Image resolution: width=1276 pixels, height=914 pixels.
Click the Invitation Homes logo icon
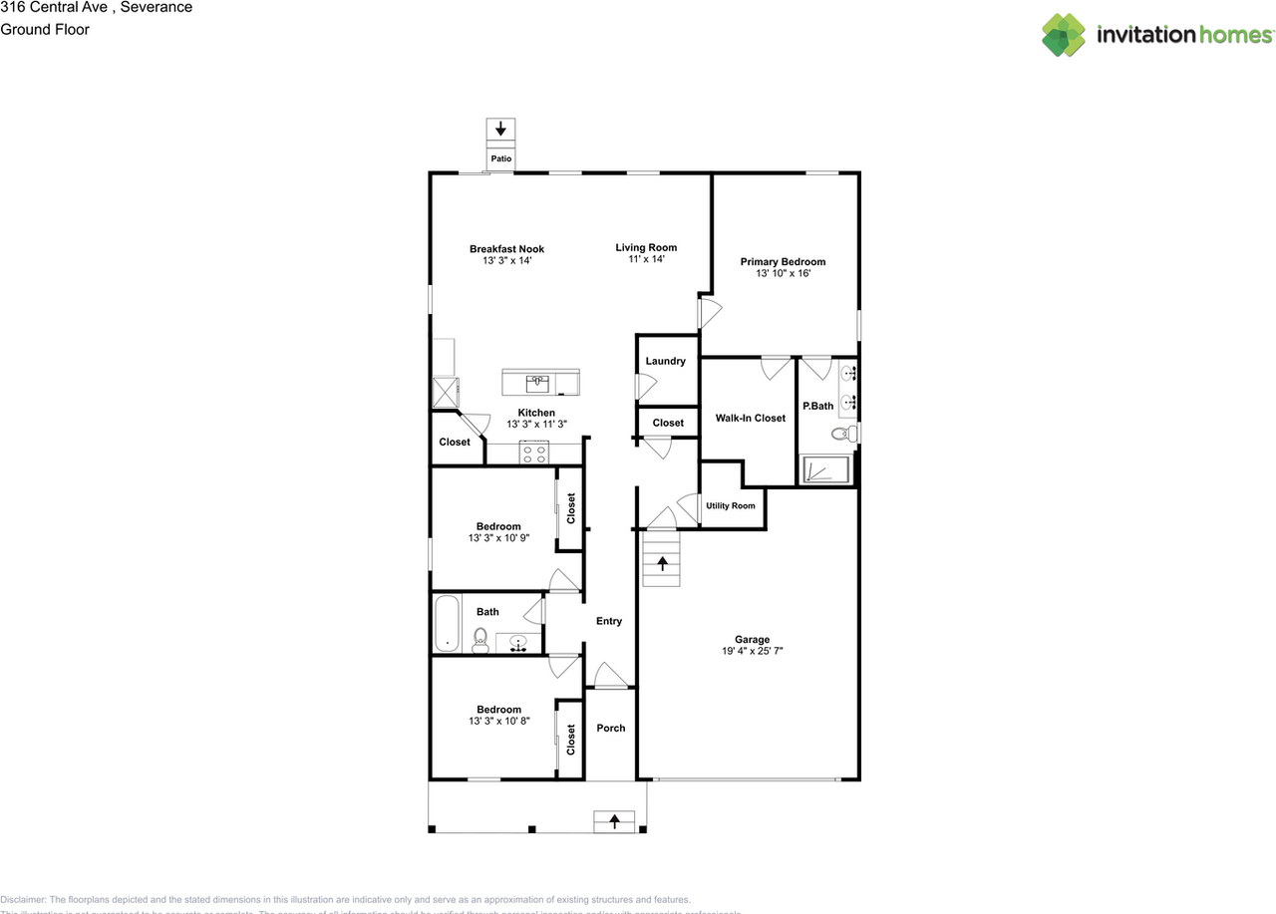click(1064, 35)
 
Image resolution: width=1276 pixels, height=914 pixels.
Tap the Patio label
click(500, 158)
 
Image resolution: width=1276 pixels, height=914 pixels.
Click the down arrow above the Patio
click(500, 130)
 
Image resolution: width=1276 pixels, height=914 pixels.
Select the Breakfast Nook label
click(506, 249)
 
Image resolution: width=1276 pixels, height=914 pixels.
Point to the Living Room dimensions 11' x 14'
click(646, 259)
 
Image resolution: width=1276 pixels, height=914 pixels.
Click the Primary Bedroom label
click(783, 262)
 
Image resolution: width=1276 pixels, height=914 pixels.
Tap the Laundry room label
click(665, 361)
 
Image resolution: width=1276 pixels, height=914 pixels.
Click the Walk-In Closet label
click(750, 418)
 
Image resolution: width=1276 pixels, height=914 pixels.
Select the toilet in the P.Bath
click(840, 434)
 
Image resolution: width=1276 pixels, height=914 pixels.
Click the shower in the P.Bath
click(826, 469)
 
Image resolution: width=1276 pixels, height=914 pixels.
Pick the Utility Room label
click(731, 505)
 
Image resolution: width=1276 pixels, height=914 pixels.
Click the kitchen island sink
click(537, 381)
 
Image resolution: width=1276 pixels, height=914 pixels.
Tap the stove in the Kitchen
click(533, 453)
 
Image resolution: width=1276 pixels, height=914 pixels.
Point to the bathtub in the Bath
click(446, 623)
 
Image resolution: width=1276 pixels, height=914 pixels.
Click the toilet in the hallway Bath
click(479, 640)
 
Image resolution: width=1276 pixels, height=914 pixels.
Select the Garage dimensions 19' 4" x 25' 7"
click(752, 652)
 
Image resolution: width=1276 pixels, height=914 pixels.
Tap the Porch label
click(611, 728)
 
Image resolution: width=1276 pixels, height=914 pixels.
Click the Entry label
click(609, 621)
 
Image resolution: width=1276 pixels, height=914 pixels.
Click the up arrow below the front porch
click(614, 821)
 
